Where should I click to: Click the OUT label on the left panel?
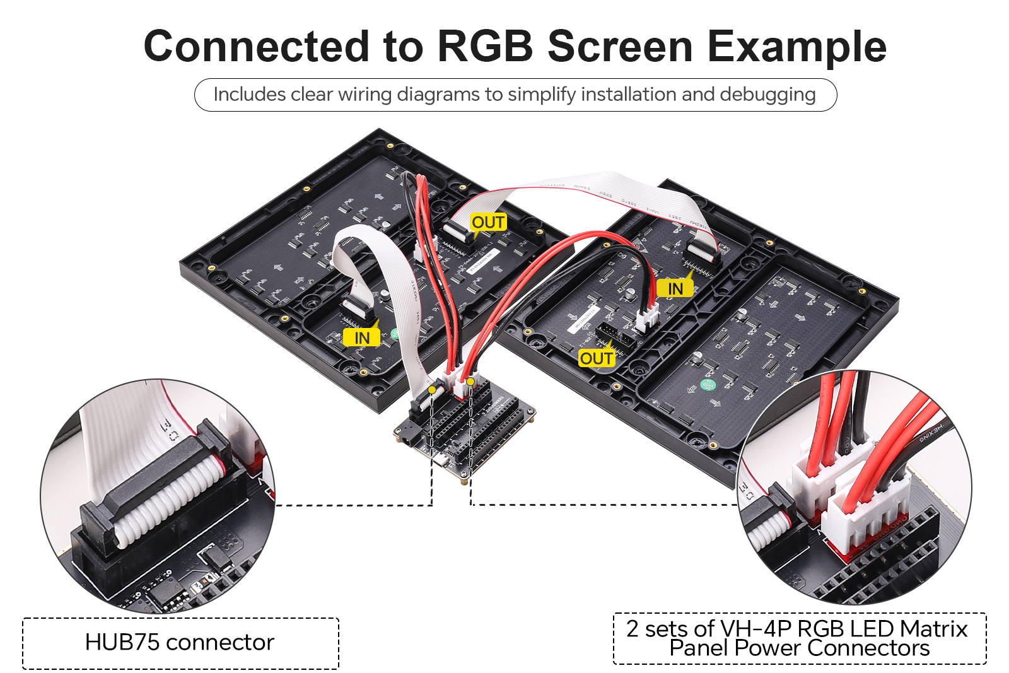488,223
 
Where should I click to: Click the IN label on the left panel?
362,339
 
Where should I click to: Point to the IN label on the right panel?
675,289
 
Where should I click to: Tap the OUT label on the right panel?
597,359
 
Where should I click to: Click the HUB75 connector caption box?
180,643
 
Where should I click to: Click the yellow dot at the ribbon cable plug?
432,390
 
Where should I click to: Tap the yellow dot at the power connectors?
470,382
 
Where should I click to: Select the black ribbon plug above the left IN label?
358,308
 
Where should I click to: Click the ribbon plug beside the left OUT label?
459,230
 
